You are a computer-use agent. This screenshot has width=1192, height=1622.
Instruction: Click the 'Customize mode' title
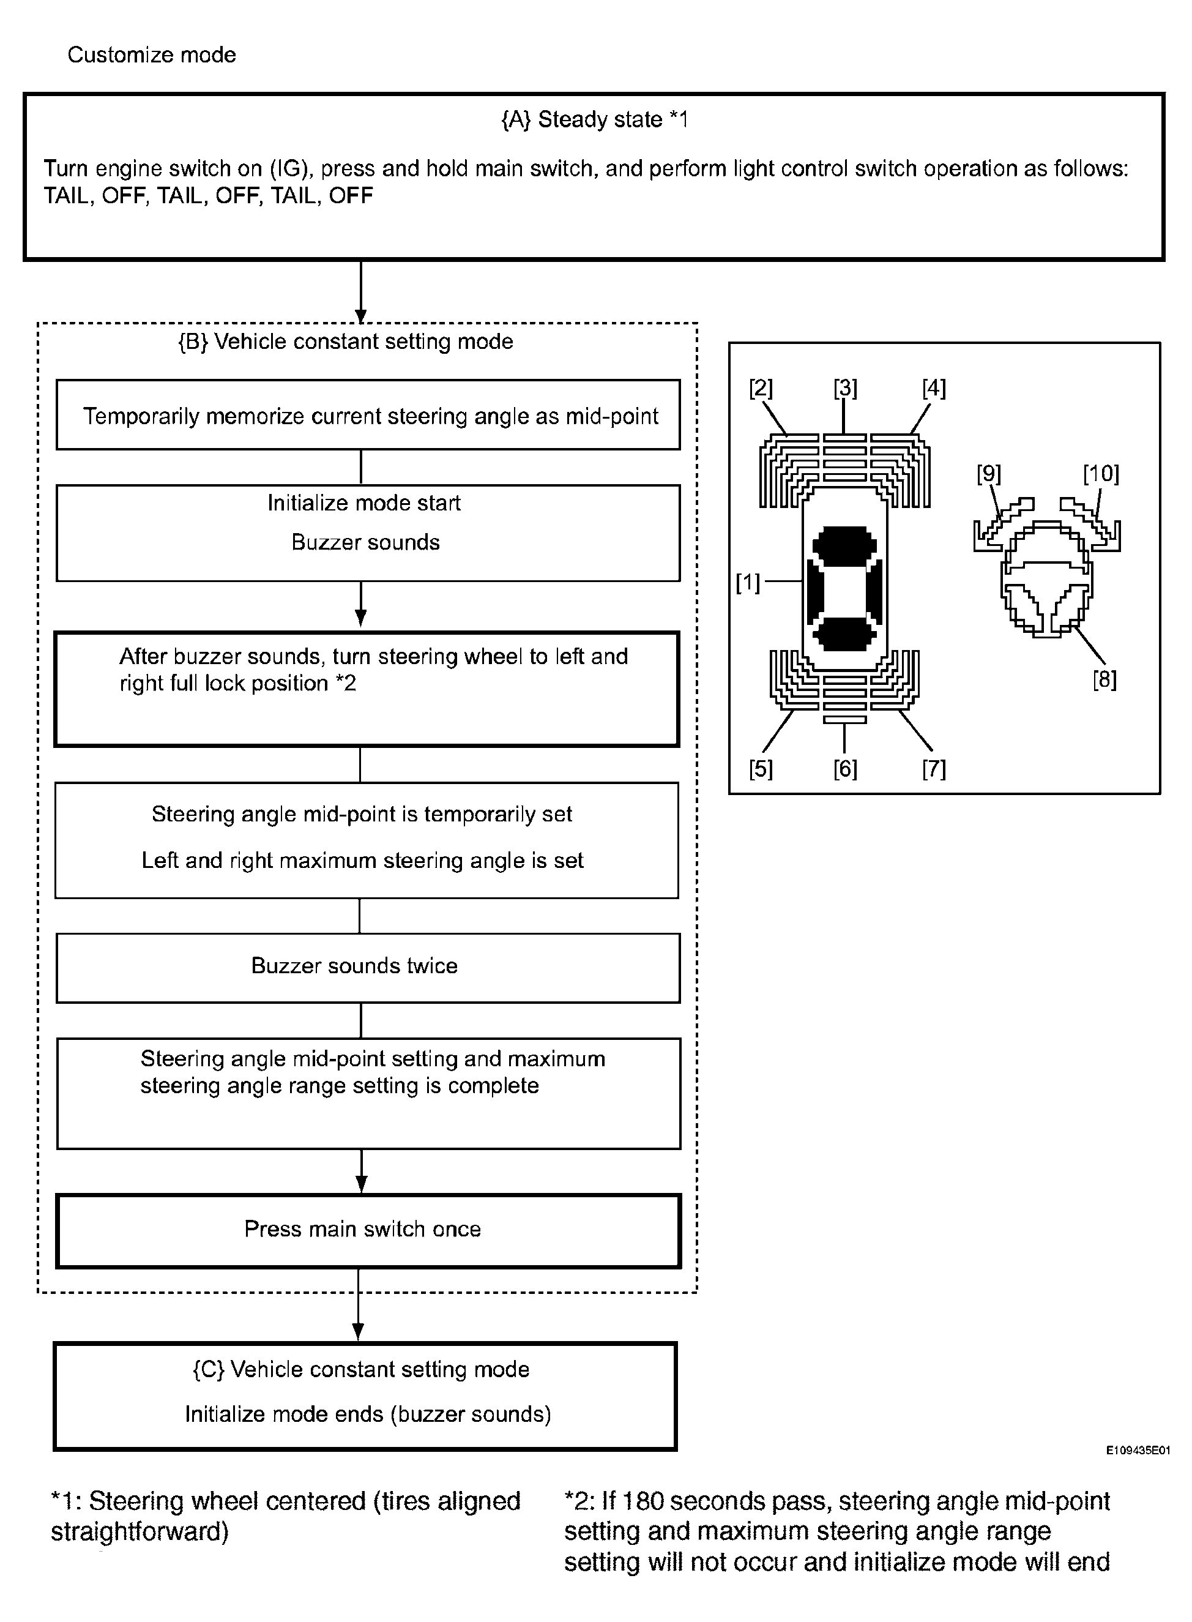point(152,55)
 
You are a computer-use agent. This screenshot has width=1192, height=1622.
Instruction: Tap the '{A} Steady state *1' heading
point(595,119)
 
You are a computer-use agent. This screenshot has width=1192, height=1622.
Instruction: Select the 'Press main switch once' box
point(368,1230)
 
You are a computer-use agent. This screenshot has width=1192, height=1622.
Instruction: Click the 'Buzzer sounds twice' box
point(368,967)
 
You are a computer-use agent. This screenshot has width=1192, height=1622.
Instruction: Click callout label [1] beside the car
point(748,582)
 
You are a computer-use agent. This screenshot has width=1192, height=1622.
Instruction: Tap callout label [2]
point(761,388)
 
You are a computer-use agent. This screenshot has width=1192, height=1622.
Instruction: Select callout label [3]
point(845,388)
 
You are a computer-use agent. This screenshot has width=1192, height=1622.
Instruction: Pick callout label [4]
point(934,388)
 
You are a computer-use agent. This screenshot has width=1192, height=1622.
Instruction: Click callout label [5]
point(761,769)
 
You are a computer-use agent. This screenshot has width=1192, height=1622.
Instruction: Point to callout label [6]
point(845,769)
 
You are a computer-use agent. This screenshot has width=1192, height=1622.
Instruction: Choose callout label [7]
point(934,769)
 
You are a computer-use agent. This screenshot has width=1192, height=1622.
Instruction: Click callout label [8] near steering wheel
point(1104,679)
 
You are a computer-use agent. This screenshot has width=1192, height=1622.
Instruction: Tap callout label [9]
point(988,474)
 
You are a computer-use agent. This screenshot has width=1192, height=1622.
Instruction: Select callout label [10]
point(1100,474)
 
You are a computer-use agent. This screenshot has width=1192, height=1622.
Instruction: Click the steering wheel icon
point(1046,577)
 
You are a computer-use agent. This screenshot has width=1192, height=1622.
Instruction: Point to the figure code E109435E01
point(1138,1450)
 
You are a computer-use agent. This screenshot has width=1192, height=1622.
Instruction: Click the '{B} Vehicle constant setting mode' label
point(346,342)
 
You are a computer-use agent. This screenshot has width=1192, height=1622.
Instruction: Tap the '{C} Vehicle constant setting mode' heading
point(361,1369)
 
